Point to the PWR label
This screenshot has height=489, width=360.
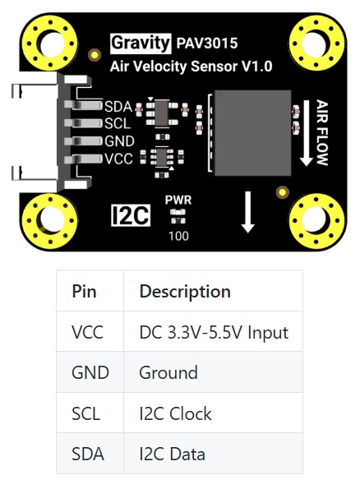pyautogui.click(x=178, y=200)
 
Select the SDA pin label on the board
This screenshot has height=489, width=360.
pyautogui.click(x=118, y=106)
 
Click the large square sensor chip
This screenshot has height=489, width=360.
pyautogui.click(x=252, y=132)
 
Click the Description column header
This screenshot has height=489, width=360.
pyautogui.click(x=185, y=291)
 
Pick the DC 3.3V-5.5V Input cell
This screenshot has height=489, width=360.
pyautogui.click(x=214, y=332)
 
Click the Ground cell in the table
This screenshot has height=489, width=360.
pyautogui.click(x=168, y=372)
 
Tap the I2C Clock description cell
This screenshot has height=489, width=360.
pyautogui.click(x=176, y=413)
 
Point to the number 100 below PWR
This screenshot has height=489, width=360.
pyautogui.click(x=178, y=236)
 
